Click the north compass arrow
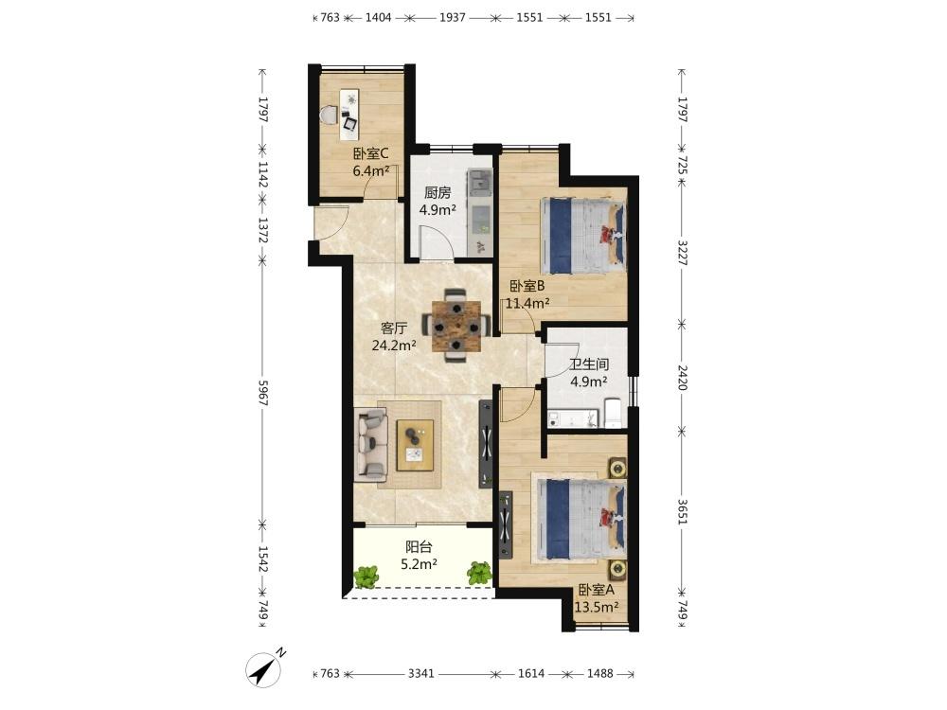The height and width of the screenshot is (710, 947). click(x=263, y=669)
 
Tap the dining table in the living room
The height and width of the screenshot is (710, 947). click(x=456, y=326)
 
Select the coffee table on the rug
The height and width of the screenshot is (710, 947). click(x=415, y=445)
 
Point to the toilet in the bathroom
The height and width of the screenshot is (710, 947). click(x=613, y=413)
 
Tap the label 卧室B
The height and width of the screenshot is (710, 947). click(x=527, y=286)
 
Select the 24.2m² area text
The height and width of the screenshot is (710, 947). click(x=394, y=346)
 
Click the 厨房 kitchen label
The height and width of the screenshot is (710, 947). click(x=438, y=192)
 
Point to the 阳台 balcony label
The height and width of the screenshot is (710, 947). click(x=419, y=547)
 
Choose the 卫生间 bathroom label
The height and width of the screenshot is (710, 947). click(x=589, y=364)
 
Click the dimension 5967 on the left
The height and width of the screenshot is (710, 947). click(x=262, y=393)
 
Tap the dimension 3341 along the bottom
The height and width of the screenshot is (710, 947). click(x=421, y=673)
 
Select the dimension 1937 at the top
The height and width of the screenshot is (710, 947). click(x=453, y=17)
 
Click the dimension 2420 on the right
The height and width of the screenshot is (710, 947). click(x=683, y=378)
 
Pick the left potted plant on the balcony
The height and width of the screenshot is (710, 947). click(x=366, y=576)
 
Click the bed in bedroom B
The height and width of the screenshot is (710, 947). click(x=582, y=236)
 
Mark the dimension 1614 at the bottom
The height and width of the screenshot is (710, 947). click(x=531, y=673)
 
